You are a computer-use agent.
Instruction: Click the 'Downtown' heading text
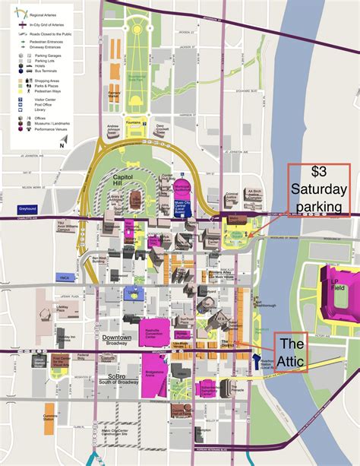116,338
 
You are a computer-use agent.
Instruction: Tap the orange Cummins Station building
50,418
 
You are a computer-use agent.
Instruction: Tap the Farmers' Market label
114,96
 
